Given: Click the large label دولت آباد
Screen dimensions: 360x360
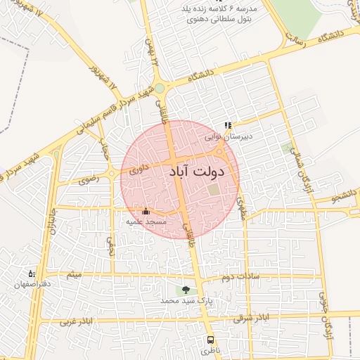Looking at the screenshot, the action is click(197, 171).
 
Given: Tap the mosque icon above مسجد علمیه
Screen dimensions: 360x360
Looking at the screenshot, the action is click(146, 211).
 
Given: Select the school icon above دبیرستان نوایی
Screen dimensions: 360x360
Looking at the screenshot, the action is click(227, 126).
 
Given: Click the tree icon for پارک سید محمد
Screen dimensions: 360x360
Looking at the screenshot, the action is click(186, 290).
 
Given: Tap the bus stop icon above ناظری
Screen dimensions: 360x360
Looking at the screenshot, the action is click(210, 340).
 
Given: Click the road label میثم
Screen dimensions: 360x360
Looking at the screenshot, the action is click(74, 273).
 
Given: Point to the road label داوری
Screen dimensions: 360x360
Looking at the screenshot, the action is click(136, 169).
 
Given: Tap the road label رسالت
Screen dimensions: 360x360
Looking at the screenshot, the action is click(295, 41).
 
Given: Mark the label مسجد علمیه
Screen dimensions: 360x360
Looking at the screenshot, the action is click(146, 221).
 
